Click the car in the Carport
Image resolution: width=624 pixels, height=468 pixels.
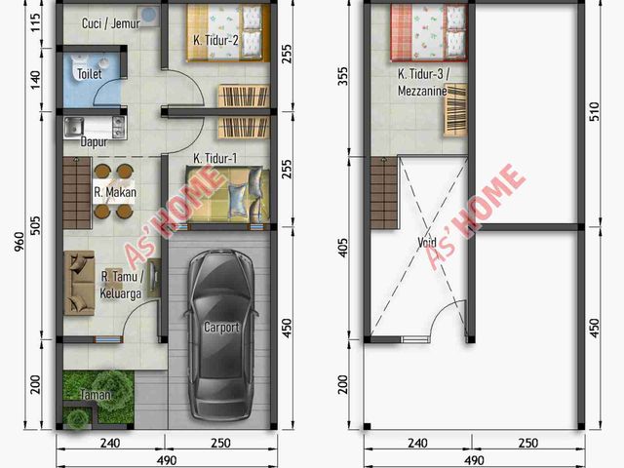pos(221,335)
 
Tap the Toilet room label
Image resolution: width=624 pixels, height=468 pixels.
pos(89,74)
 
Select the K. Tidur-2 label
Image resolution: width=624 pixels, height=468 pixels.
pos(215,40)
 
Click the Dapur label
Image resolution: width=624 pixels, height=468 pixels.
pos(94,141)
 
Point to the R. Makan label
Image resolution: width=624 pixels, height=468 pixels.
pos(115,192)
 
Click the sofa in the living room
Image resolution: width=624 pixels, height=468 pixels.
pos(79,283)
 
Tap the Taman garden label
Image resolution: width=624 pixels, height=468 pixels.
pos(96,394)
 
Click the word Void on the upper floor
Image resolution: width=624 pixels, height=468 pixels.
pos(427,242)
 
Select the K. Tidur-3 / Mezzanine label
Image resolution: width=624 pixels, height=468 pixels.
pos(423,82)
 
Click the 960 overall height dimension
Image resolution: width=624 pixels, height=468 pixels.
pos(19,242)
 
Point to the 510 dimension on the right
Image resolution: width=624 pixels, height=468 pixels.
pos(594,112)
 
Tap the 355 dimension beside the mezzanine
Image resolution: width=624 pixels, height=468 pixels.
pos(342,76)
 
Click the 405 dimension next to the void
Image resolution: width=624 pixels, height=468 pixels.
pos(342,247)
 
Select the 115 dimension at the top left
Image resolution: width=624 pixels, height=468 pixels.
pos(36,23)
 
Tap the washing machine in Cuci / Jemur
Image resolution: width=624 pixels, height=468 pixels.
pos(149,16)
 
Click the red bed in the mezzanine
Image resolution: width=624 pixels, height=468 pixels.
pos(429,33)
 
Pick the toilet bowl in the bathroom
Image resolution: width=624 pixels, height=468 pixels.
pos(79,63)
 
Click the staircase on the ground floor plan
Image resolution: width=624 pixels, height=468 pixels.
pos(77,193)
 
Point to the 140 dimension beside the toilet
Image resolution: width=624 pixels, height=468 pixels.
pos(36,80)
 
